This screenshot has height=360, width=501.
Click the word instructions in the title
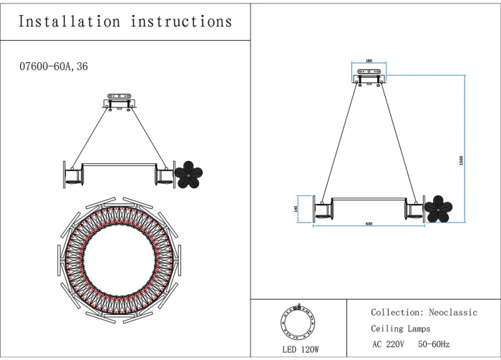[182, 21]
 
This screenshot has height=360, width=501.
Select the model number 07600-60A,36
[53, 66]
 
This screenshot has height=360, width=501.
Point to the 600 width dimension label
[369, 224]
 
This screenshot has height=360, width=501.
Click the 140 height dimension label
[295, 208]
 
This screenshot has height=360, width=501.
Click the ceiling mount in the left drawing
[119, 100]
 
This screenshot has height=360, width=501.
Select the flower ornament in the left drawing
[190, 174]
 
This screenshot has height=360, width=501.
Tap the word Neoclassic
[453, 313]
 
